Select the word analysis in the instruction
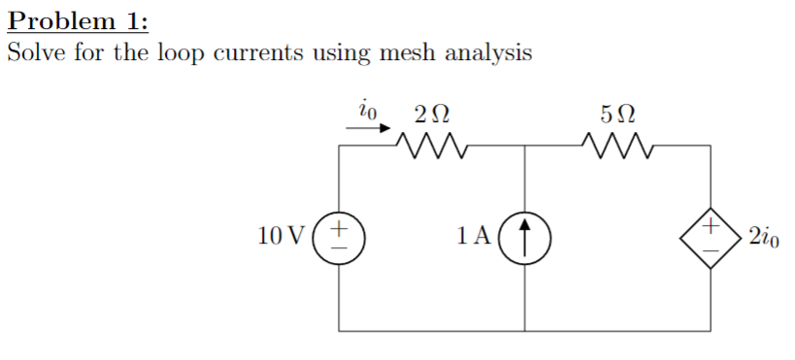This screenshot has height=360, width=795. tap(488, 53)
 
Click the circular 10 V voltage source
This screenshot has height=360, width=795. tap(340, 237)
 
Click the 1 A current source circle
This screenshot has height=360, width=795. tap(525, 237)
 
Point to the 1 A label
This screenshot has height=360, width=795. tap(477, 236)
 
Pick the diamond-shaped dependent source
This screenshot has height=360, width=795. tap(711, 237)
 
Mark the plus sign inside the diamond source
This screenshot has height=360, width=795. tap(711, 226)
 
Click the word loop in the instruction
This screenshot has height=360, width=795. tap(180, 53)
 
